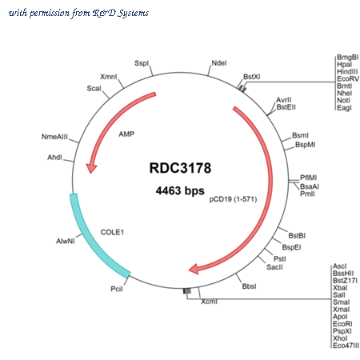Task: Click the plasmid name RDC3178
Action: [x=180, y=168]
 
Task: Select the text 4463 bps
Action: [x=180, y=190]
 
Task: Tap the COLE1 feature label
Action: [x=112, y=232]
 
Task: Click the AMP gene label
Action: [x=126, y=134]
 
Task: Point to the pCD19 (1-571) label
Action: [x=233, y=199]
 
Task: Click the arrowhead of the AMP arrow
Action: [x=91, y=168]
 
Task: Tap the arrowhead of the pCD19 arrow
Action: [x=194, y=269]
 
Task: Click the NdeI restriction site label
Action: [x=219, y=63]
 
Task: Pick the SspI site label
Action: [x=142, y=63]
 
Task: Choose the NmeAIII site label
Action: [x=54, y=137]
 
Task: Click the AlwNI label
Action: [x=66, y=241]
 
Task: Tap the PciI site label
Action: [x=117, y=289]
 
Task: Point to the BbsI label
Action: [x=249, y=286]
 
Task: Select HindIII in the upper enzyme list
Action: [x=347, y=72]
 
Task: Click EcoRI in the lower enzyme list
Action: [x=342, y=324]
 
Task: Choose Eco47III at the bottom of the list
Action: [x=346, y=346]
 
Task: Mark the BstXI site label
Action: [x=252, y=77]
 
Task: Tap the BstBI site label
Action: [x=297, y=236]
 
